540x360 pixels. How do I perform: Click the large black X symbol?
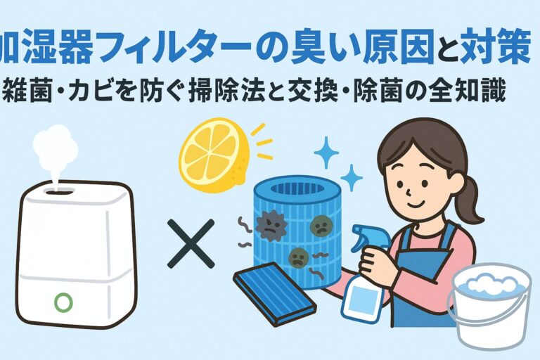(191, 244)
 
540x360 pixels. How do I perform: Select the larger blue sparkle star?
(326, 153)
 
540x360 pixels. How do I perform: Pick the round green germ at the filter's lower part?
(296, 257)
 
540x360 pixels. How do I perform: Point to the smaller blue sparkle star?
(352, 178)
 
